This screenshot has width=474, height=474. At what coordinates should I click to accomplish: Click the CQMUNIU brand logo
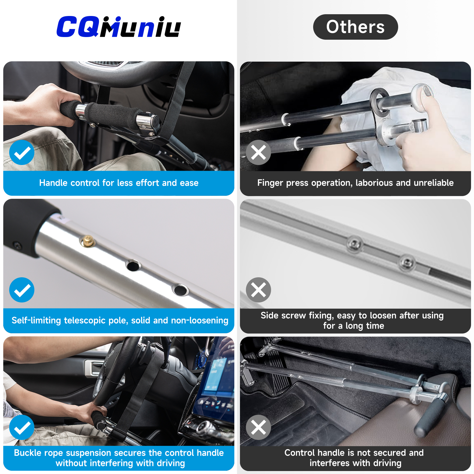[x=118, y=27]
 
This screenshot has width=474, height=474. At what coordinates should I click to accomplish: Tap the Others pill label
[x=355, y=27]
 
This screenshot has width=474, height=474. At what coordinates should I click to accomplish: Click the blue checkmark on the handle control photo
[x=22, y=153]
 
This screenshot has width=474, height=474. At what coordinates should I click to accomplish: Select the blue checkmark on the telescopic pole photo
[x=22, y=290]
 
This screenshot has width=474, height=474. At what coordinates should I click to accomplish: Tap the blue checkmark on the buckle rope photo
[x=22, y=427]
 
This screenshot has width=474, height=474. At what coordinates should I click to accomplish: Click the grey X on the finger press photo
[x=258, y=153]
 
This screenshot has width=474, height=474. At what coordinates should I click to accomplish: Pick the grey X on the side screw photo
[x=258, y=290]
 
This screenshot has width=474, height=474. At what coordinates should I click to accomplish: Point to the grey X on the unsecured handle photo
[x=258, y=427]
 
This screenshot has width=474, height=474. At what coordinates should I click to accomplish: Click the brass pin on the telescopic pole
[x=88, y=241]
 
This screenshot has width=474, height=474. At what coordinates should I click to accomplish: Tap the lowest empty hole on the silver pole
[x=180, y=290]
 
